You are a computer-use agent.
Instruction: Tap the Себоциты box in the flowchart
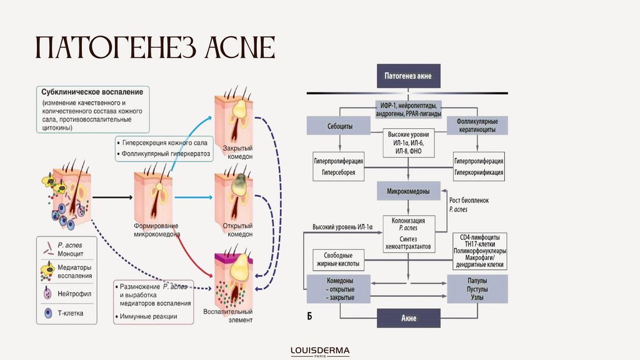339,126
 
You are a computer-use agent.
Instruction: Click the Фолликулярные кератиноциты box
477,126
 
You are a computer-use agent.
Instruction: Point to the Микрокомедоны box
408,191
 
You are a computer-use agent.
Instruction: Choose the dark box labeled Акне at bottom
408,318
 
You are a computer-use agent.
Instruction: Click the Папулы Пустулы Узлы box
477,289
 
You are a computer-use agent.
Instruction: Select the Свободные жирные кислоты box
339,259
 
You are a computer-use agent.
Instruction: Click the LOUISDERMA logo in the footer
320,351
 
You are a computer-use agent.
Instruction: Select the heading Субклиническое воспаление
92,91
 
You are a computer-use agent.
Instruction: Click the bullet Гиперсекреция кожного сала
164,142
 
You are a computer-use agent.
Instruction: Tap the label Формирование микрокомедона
157,229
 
